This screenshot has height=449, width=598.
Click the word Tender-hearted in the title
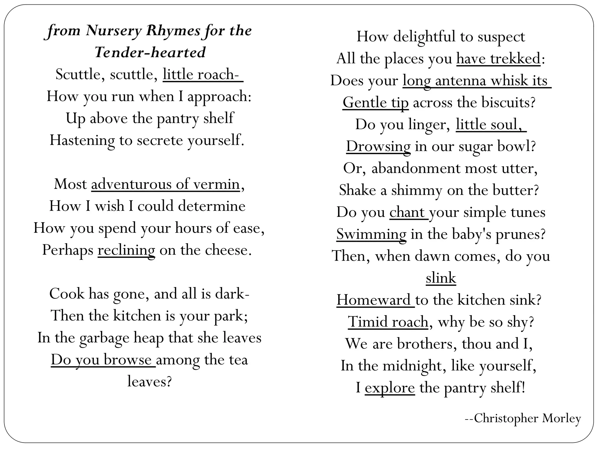click(150, 53)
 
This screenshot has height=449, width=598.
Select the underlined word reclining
click(126, 250)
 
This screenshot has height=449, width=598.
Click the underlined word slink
click(441, 278)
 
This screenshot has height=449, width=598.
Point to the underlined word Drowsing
click(378, 146)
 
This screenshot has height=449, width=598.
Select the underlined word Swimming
click(371, 234)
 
